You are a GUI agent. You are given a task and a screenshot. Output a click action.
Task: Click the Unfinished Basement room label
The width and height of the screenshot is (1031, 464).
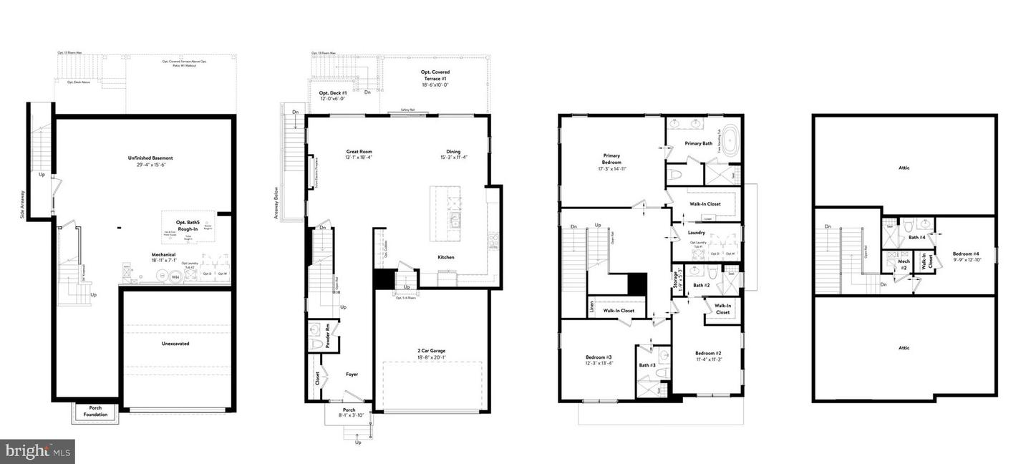(x=150, y=158)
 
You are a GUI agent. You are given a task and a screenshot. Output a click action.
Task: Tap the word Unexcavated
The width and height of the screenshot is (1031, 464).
(x=175, y=344)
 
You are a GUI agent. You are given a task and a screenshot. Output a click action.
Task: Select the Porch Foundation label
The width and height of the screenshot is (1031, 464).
(x=95, y=411)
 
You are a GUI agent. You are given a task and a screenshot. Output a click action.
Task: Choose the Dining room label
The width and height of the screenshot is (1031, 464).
(x=453, y=152)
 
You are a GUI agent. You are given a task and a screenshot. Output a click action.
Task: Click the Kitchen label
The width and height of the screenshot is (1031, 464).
(x=447, y=257)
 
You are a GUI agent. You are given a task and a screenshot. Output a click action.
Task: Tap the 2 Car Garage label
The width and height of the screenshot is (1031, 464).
(x=431, y=350)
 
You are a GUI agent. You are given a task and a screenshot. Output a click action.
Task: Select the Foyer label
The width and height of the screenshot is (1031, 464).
(x=352, y=374)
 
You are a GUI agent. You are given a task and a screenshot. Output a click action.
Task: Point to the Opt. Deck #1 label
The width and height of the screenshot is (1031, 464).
(x=333, y=94)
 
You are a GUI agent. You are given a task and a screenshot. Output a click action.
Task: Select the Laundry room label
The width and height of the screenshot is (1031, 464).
(x=696, y=232)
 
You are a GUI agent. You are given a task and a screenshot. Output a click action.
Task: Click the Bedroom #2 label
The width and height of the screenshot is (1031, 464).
(x=707, y=353)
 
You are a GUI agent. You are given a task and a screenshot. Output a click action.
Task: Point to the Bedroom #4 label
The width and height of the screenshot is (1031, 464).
(x=966, y=254)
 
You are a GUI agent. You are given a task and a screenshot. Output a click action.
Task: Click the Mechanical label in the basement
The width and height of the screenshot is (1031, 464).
(x=163, y=254)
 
